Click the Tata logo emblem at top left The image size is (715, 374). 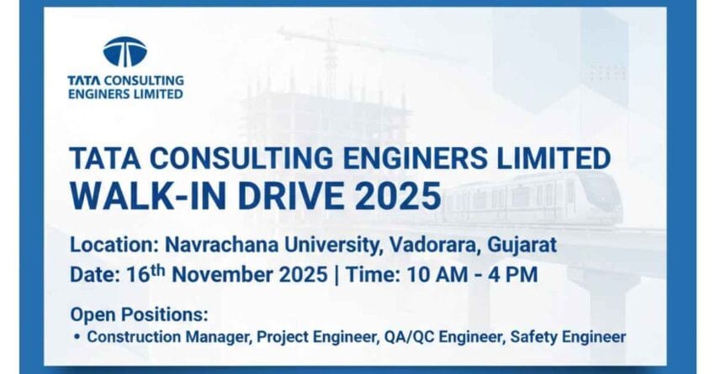[124, 52]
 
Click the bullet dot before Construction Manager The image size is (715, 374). [77, 337]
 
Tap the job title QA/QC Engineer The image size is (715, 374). [421, 337]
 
